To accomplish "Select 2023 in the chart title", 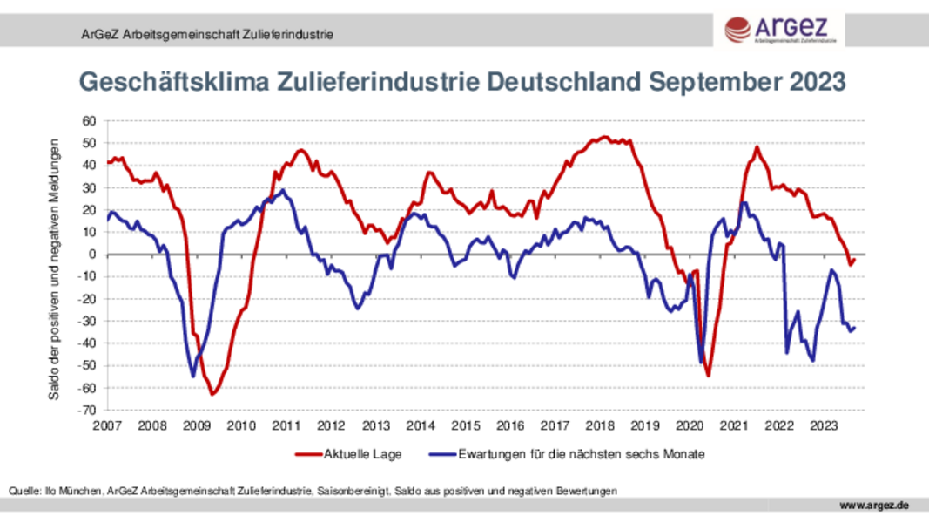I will pos(818,82).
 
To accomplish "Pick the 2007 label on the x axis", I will pos(107,425).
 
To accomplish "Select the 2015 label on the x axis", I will pos(466,425).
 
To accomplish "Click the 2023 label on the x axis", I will pos(824,425).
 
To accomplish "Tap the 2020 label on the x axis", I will pos(690,425).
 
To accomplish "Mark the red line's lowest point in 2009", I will pos(212,394).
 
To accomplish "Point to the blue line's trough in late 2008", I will pos(193,376).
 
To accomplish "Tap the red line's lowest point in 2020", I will pos(708,376).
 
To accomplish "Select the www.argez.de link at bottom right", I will pos(874,506).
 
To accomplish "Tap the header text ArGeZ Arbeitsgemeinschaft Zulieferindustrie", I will pos(201,35).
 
